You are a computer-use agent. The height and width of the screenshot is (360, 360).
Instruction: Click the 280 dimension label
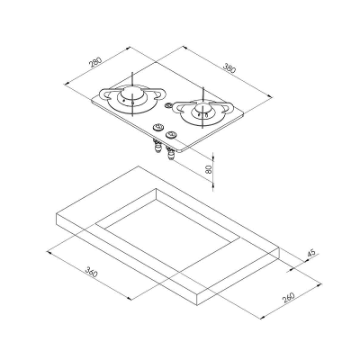[x=95, y=61]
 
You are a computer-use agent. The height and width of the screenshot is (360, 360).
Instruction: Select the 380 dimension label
[x=229, y=68]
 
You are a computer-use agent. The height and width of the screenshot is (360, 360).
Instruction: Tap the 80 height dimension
[x=209, y=169]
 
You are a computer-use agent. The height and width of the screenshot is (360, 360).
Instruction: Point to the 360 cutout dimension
[x=92, y=272]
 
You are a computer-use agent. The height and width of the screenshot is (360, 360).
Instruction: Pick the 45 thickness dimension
[x=311, y=254]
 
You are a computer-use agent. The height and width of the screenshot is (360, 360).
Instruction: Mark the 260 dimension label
[x=289, y=297]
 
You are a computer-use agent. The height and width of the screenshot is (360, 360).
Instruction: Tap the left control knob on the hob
[x=157, y=127]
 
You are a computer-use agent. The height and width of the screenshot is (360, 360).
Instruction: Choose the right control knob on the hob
[x=171, y=134]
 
